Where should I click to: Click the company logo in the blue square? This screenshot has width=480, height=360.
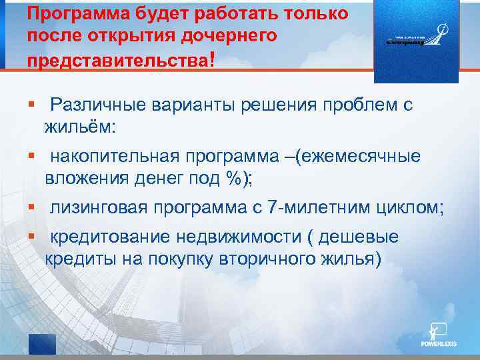pos(417,39)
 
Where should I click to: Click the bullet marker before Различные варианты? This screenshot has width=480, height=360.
pos(31,104)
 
